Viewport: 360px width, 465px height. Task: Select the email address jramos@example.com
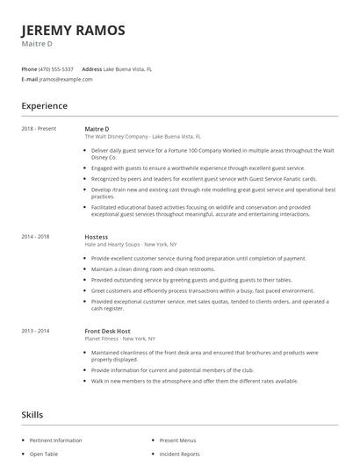pyautogui.click(x=66, y=79)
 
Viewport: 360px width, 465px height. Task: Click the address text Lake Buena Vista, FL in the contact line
pyautogui.click(x=128, y=68)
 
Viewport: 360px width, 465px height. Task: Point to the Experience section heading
pyautogui.click(x=44, y=106)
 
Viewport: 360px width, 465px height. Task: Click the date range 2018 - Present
pyautogui.click(x=39, y=129)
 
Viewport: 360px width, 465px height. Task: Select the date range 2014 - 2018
pyautogui.click(x=35, y=237)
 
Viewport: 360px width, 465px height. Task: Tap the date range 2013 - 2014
pyautogui.click(x=35, y=330)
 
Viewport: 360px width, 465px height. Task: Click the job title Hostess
pyautogui.click(x=96, y=237)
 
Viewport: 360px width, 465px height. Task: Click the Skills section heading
pyautogui.click(x=33, y=413)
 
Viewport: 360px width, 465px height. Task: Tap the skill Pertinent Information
pyautogui.click(x=55, y=440)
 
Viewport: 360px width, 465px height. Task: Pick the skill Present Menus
pyautogui.click(x=177, y=440)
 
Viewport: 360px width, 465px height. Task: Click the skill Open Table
pyautogui.click(x=43, y=454)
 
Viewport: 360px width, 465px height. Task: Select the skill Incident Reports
pyautogui.click(x=179, y=454)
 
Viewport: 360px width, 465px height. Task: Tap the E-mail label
pyautogui.click(x=29, y=79)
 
